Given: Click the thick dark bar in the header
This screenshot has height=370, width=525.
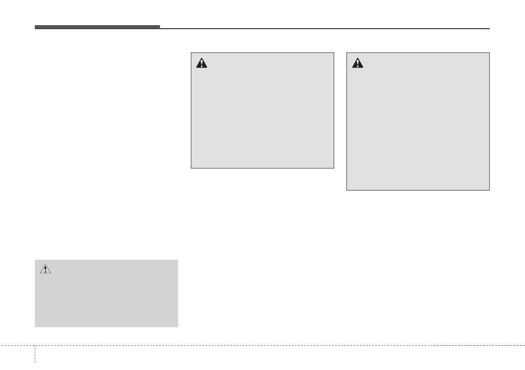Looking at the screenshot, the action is click(x=97, y=27).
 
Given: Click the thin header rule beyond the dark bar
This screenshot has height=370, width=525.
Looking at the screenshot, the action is click(x=324, y=29).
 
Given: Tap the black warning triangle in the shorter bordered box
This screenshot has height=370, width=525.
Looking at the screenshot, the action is click(x=201, y=64).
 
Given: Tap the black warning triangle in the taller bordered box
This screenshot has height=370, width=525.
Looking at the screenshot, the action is click(x=357, y=64).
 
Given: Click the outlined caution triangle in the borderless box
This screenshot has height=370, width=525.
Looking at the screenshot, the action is click(x=45, y=269).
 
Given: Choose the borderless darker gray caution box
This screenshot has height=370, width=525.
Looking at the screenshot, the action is click(x=106, y=293).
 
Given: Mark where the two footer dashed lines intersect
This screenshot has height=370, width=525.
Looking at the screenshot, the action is click(x=35, y=345).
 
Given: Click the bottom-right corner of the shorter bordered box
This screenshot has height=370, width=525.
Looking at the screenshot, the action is click(x=334, y=168).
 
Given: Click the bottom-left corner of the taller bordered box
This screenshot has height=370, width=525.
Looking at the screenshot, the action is click(x=347, y=190).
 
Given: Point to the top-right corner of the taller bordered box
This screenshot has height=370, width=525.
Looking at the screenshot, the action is click(x=489, y=53).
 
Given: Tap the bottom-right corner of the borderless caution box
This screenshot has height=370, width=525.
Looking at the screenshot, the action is click(x=178, y=327).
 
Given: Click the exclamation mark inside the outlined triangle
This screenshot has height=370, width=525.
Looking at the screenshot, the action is click(x=45, y=269).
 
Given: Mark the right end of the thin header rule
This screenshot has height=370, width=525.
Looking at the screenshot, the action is click(x=489, y=29).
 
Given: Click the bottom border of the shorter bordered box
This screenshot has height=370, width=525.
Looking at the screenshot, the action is click(x=262, y=168).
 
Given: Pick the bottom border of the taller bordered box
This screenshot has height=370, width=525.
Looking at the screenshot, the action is click(x=418, y=190).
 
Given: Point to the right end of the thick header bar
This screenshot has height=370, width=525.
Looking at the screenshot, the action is click(x=160, y=27).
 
